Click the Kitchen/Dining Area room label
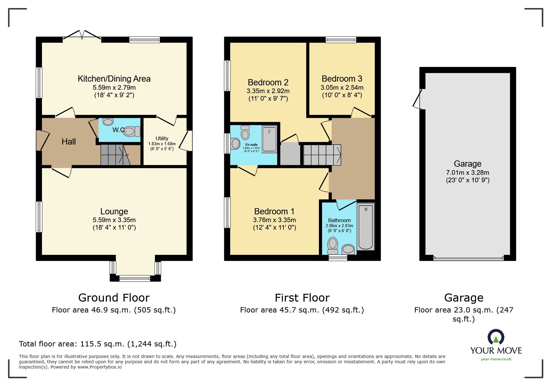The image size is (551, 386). point(114,79)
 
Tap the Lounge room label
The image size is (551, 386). point(114,212)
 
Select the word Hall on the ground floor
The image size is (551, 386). point(69,142)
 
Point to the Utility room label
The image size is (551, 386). point(162,138)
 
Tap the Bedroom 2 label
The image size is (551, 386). point(268,83)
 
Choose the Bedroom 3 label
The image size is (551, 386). point(342,79)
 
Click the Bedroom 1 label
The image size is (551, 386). point(274,212)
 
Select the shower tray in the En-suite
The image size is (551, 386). point(269,139)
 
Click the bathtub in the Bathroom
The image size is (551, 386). point(366,226)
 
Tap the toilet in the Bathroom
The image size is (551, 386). point(333,246)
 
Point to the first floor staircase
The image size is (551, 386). point(322,155)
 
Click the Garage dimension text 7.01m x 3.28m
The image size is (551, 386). point(468,173)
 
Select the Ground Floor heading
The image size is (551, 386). point(114,298)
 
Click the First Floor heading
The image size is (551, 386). point(302,298)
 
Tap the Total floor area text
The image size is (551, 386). point(98,344)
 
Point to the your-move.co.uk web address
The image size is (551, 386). point(496,359)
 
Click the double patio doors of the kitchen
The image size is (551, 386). point(82,35)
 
